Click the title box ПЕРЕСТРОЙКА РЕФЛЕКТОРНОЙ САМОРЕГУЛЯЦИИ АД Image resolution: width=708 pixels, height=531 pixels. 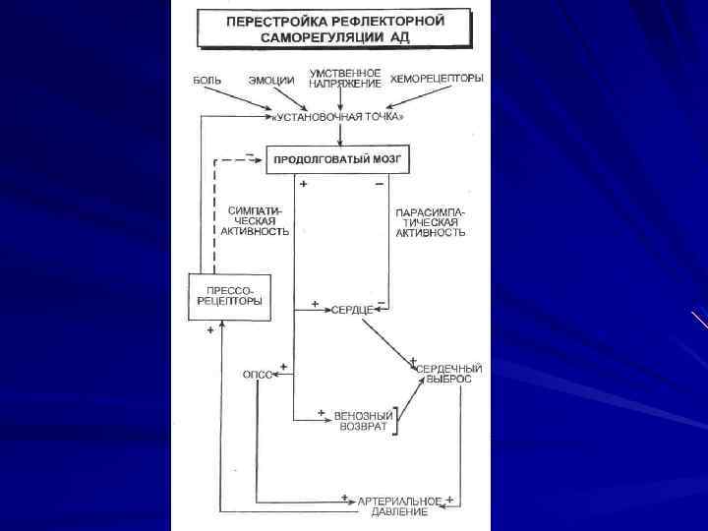[334, 29]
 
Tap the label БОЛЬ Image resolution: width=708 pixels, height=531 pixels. [206, 79]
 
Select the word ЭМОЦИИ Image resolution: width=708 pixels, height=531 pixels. [271, 79]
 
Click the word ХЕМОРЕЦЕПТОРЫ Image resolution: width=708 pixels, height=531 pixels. [437, 79]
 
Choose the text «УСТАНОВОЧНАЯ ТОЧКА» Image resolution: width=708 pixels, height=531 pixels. [338, 116]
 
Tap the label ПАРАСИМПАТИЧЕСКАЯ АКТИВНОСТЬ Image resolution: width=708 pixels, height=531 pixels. [430, 222]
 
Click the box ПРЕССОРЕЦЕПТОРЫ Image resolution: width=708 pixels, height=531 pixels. [229, 296]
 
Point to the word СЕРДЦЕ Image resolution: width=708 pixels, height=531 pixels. [351, 309]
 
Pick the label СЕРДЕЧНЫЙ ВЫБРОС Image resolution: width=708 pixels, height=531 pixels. [443, 372]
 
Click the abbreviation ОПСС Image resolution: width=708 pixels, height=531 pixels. [257, 375]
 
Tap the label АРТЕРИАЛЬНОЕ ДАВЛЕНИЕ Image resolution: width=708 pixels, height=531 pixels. [400, 505]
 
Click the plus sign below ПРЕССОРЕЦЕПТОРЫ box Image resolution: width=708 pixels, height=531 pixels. [211, 333]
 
